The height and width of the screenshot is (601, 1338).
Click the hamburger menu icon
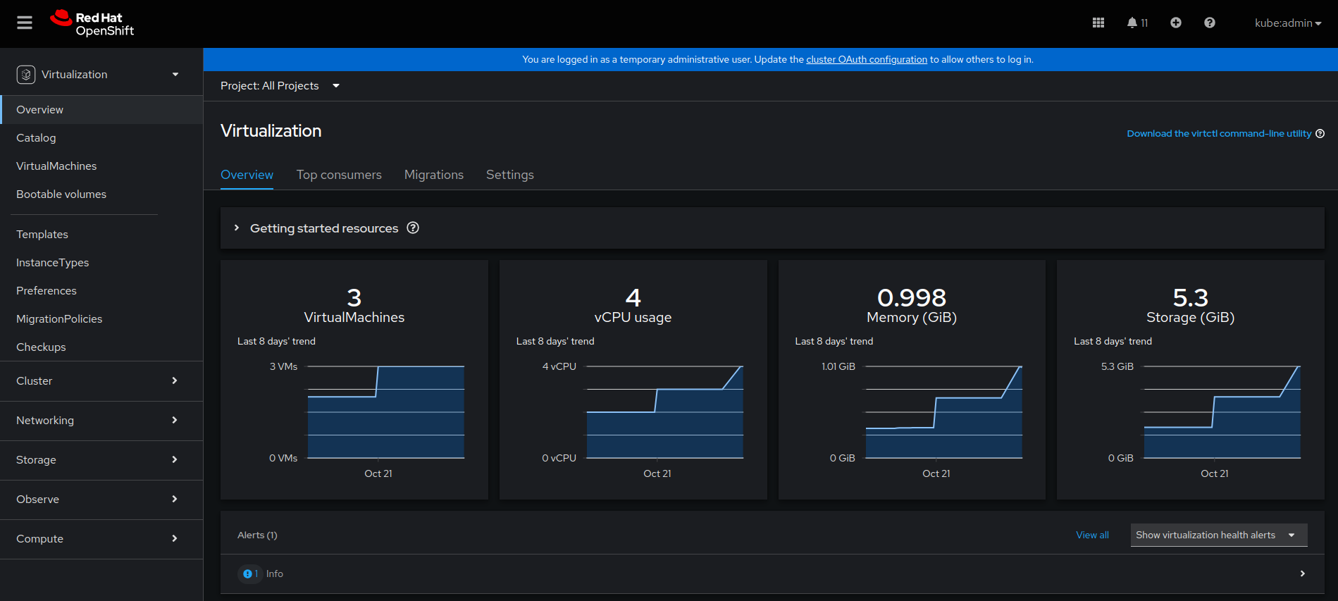tap(25, 23)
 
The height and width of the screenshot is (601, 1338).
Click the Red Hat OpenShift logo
tap(92, 23)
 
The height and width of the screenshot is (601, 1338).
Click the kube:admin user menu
tap(1287, 23)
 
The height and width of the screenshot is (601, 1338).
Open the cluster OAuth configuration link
tap(866, 60)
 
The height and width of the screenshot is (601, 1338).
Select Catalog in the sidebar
tap(36, 138)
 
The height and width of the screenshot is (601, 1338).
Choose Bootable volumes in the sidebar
tap(61, 194)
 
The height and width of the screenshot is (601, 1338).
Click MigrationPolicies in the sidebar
tap(59, 319)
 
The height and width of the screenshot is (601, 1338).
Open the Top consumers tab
tap(339, 175)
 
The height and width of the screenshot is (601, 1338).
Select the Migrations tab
tap(433, 175)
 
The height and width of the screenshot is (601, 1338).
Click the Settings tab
tap(509, 175)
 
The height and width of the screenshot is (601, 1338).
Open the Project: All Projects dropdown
tap(280, 86)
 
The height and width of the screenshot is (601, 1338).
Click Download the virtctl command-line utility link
tap(1218, 134)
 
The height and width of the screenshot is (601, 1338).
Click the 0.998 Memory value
tap(911, 298)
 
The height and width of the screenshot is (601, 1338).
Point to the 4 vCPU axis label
tap(559, 366)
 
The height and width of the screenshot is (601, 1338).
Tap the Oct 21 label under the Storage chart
tap(1214, 473)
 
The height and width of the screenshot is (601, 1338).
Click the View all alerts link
tap(1091, 535)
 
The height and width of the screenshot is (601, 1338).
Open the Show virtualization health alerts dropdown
tap(1218, 535)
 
